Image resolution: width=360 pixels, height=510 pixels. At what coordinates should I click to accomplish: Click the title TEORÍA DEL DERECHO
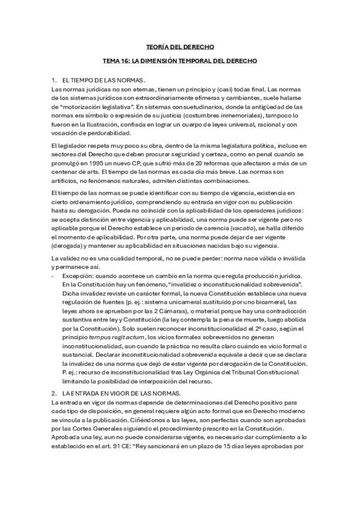(180, 46)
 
